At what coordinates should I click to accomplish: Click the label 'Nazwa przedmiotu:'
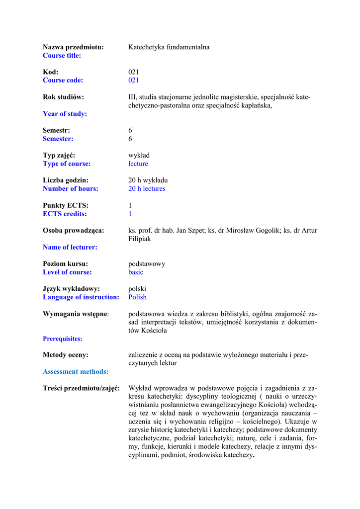pyautogui.click(x=73, y=47)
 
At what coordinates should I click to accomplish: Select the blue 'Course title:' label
pyautogui.click(x=62, y=56)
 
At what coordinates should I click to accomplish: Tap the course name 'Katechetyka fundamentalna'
pyautogui.click(x=169, y=47)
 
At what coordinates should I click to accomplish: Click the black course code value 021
pyautogui.click(x=134, y=72)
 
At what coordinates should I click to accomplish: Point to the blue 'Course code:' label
pyautogui.click(x=63, y=81)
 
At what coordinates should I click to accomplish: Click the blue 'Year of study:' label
pyautogui.click(x=65, y=114)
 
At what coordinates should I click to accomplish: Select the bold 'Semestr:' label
pyautogui.click(x=56, y=130)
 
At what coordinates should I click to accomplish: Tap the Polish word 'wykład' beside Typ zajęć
pyautogui.click(x=139, y=156)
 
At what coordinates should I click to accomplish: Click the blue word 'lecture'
pyautogui.click(x=138, y=164)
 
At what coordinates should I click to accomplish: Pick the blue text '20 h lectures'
pyautogui.click(x=147, y=189)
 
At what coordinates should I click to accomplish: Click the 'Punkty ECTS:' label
pyautogui.click(x=66, y=205)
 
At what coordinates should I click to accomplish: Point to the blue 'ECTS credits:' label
pyautogui.click(x=65, y=214)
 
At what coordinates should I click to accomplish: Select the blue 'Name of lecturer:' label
pyautogui.click(x=70, y=247)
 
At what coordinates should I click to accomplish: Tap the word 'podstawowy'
pyautogui.click(x=147, y=264)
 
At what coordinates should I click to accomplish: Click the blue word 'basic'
pyautogui.click(x=136, y=272)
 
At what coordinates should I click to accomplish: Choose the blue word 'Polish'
pyautogui.click(x=137, y=297)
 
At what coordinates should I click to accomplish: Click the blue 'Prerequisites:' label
pyautogui.click(x=63, y=339)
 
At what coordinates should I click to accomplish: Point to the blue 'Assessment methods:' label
pyautogui.click(x=76, y=372)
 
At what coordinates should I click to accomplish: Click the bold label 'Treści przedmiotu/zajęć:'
pyautogui.click(x=81, y=388)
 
